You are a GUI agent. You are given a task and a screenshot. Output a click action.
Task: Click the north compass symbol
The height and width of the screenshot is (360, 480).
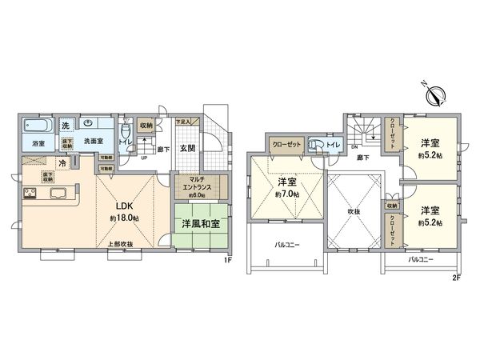tap(436, 96)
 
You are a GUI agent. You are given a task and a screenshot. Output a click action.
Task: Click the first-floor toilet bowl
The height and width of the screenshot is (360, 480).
tap(126, 131)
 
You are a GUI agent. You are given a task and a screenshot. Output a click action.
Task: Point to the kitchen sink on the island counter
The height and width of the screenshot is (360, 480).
tap(59, 193)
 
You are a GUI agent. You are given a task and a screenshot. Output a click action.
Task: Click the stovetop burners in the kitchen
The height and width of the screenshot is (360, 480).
tap(30, 193)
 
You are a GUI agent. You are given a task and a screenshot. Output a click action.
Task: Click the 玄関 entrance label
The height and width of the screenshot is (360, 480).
tap(187, 147)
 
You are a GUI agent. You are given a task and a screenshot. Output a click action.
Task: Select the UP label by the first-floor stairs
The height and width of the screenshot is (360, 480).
tap(143, 158)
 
